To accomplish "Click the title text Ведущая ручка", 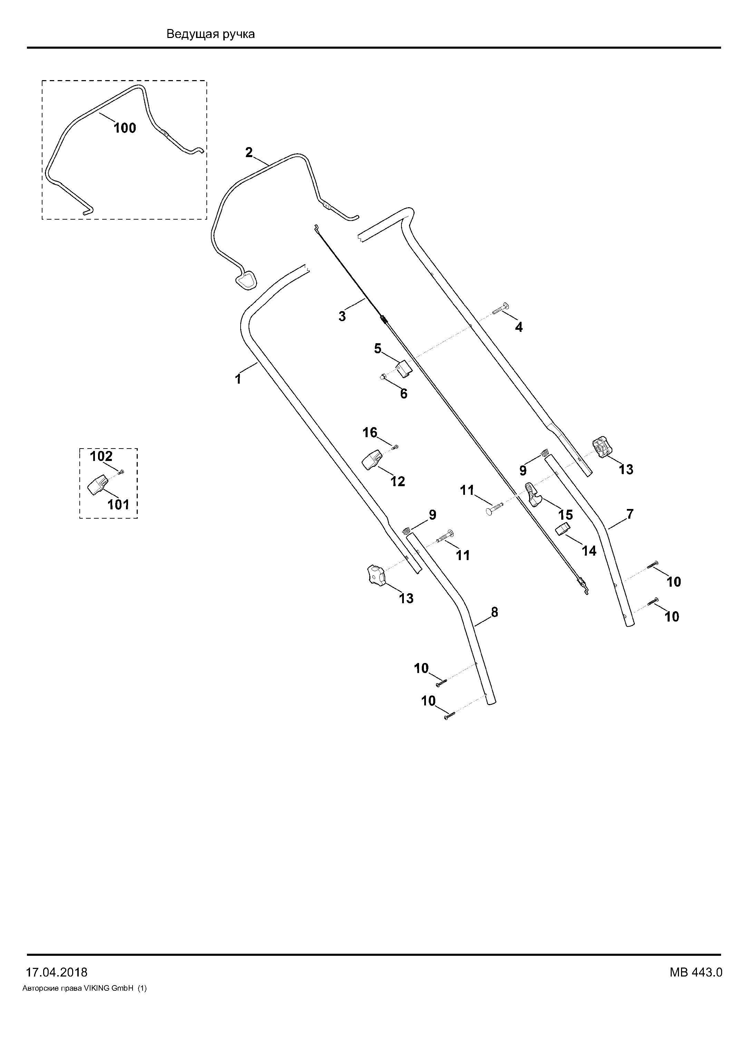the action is [211, 35].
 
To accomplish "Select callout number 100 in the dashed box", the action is [125, 128].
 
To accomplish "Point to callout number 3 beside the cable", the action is [342, 317].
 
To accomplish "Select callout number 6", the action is [404, 394].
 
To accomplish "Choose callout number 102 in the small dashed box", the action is [101, 456].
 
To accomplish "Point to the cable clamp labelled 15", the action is [533, 494].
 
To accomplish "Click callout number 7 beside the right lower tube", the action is [630, 514].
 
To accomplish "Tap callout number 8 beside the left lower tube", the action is [494, 613].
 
